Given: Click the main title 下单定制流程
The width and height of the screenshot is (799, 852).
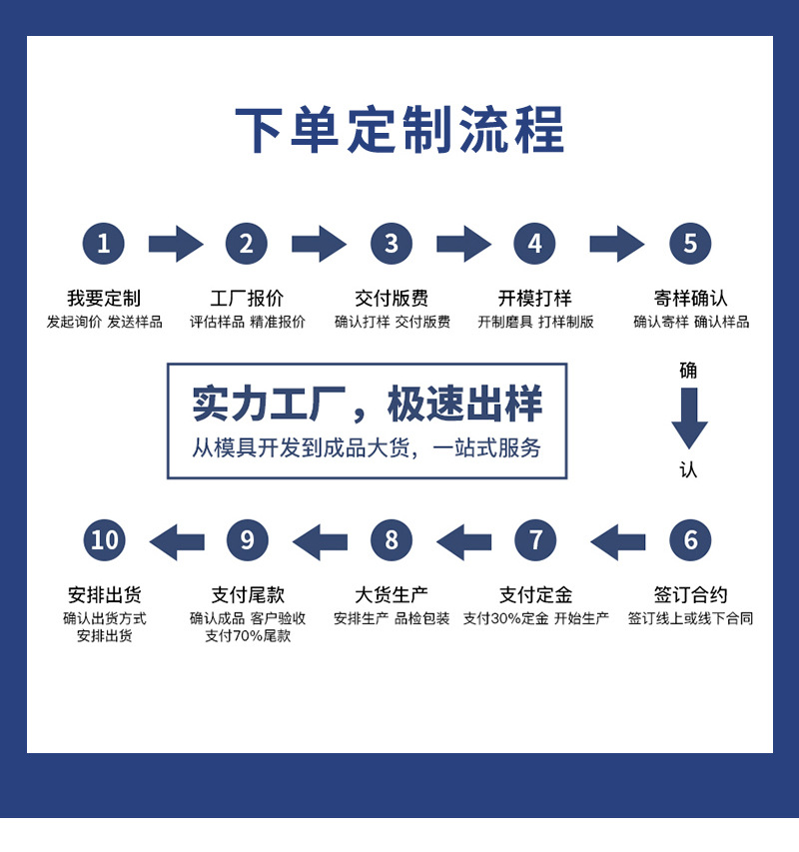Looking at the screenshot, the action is click(x=399, y=130).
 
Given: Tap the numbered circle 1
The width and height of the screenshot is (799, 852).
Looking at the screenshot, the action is click(x=103, y=244).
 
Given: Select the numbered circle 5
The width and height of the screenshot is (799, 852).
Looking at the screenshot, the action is click(x=690, y=244).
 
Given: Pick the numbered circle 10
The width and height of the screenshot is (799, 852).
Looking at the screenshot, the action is click(x=104, y=540).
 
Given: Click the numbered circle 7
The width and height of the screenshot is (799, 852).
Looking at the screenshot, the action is click(x=535, y=540).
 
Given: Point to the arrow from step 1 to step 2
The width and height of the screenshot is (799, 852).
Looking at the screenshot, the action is click(x=176, y=244).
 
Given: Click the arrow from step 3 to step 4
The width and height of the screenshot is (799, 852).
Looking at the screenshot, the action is click(x=463, y=244).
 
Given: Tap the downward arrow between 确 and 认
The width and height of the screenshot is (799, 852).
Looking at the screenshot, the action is click(x=689, y=419).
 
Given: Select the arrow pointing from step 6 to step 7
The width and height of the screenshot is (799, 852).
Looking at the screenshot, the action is click(x=618, y=541).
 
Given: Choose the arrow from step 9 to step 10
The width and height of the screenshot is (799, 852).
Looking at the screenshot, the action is click(x=177, y=541).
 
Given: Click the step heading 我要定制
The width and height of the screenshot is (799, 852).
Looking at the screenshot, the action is click(x=104, y=298).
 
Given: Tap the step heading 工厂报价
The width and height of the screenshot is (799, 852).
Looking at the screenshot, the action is click(x=247, y=298).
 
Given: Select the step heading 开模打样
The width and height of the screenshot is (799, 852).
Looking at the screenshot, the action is click(x=535, y=298).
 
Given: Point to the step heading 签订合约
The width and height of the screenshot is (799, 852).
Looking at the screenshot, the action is click(x=690, y=594).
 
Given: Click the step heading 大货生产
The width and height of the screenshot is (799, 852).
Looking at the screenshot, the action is click(x=392, y=594).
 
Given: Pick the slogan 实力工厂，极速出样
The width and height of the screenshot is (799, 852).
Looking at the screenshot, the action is click(x=368, y=404).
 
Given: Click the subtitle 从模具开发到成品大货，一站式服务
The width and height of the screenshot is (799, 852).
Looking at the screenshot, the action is click(x=367, y=448).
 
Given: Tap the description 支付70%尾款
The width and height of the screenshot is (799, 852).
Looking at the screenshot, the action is click(x=248, y=635).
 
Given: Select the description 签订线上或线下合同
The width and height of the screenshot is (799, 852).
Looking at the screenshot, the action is click(x=690, y=618).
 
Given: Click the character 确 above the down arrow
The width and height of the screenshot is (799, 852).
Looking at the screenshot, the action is click(x=688, y=371).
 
